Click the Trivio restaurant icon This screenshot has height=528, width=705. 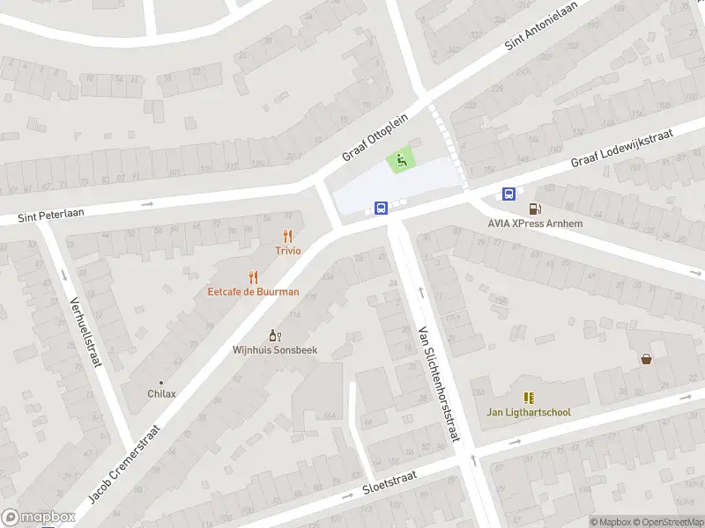pos(287,236)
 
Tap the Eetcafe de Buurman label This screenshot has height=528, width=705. pos(253,291)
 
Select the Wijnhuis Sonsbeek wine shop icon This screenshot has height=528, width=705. pos(274,335)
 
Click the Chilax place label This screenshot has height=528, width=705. pos(160,393)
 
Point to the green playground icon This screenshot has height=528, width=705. pos(401,160)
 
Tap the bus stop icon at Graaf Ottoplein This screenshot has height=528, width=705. pos(382,209)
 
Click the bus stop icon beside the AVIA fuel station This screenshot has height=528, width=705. pos(509,194)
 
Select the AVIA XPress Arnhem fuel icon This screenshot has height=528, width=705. pos(534,209)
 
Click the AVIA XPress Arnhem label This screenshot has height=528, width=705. pos(534,224)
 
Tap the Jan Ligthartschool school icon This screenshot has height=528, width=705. pos(529,398)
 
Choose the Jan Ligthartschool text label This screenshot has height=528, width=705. pos(529,412)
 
